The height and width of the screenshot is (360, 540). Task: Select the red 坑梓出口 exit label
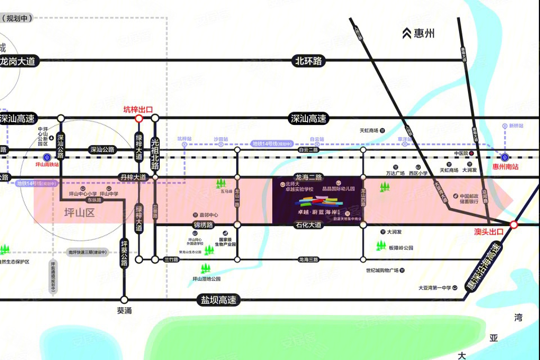pyautogui.click(x=138, y=110)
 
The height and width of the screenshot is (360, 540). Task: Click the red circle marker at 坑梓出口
pyautogui.click(x=139, y=119)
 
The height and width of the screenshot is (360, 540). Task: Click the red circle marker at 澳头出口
pyautogui.click(x=514, y=225)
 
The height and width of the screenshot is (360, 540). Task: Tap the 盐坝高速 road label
pyautogui.click(x=218, y=300)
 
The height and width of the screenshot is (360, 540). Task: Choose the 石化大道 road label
pyautogui.click(x=309, y=225)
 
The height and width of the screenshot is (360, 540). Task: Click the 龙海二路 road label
pyautogui.click(x=309, y=177)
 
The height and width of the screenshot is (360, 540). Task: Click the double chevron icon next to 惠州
pyautogui.click(x=407, y=34)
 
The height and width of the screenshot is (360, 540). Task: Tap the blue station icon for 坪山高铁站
pyautogui.click(x=47, y=157)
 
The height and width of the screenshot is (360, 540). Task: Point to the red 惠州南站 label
pyautogui.click(x=505, y=166)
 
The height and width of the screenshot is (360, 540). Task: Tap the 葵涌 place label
pyautogui.click(x=124, y=310)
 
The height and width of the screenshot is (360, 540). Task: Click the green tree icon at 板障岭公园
pyautogui.click(x=381, y=245)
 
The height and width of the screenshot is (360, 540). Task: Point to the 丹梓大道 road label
pyautogui.click(x=133, y=177)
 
